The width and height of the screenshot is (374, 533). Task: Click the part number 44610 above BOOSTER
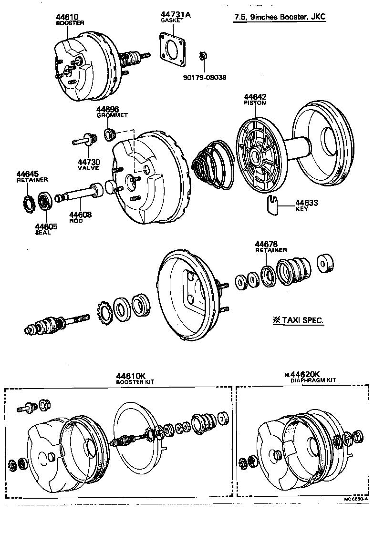tap(67, 17)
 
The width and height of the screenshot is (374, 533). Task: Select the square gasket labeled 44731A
tap(173, 48)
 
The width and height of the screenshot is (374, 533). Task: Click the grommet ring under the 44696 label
tap(110, 135)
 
